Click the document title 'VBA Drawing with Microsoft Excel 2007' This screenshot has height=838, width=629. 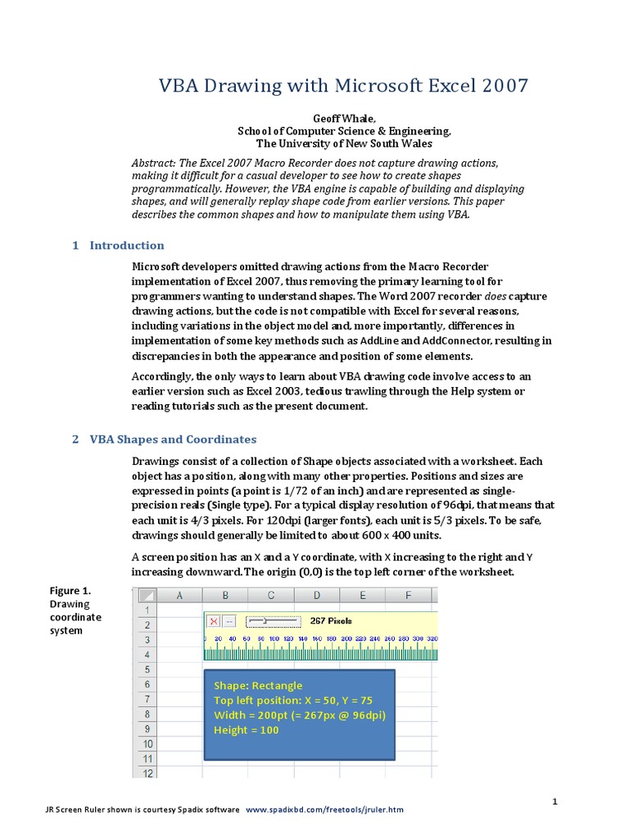click(x=342, y=86)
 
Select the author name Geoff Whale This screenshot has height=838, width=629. click(x=342, y=119)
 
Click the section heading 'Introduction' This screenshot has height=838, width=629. click(x=126, y=246)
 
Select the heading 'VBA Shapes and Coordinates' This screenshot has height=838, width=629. click(x=172, y=439)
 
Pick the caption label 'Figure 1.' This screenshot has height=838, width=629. click(x=70, y=591)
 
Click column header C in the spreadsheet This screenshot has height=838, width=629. click(x=271, y=596)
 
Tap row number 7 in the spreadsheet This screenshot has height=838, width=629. click(x=147, y=700)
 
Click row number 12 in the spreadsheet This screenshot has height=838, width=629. click(x=147, y=773)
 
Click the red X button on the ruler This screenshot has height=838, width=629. click(x=214, y=621)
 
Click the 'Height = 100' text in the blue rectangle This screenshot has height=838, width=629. click(x=246, y=730)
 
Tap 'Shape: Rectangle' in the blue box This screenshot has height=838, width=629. click(x=258, y=686)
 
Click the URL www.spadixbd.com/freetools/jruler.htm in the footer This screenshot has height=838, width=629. click(x=324, y=809)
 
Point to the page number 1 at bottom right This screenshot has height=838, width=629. click(x=554, y=802)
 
